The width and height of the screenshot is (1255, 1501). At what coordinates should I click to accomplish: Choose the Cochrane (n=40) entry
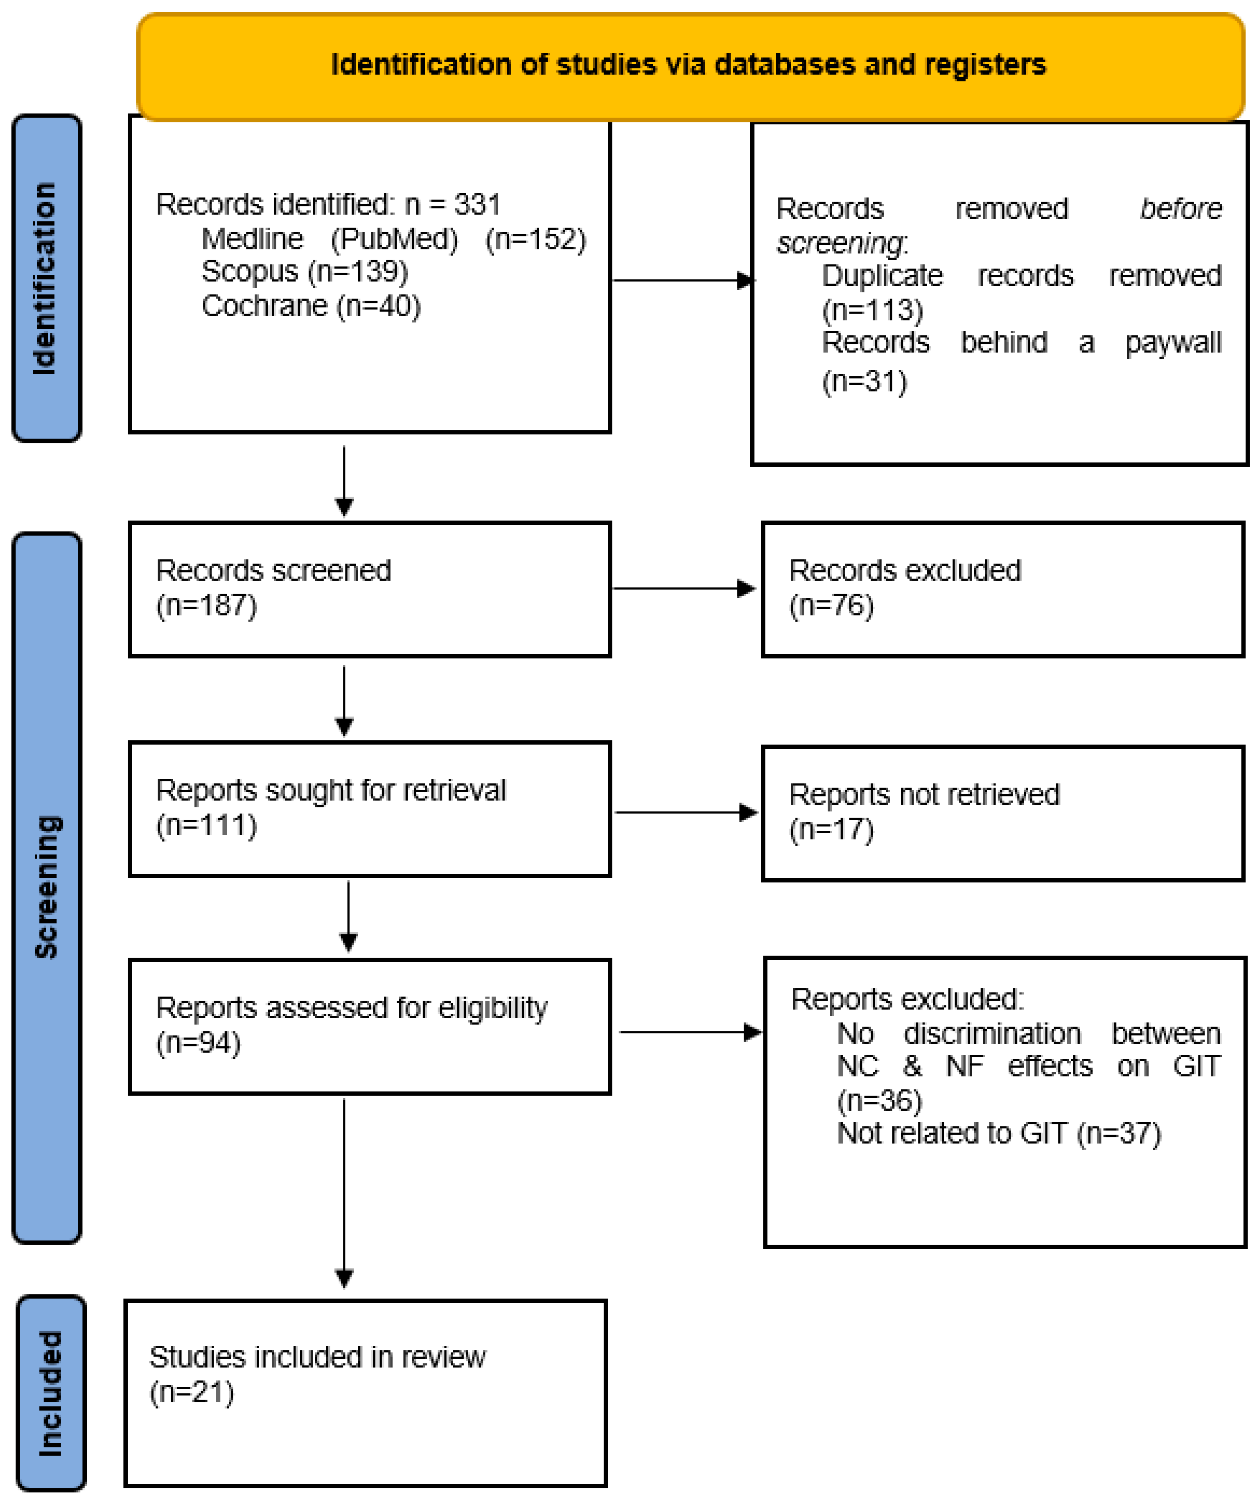click(x=311, y=306)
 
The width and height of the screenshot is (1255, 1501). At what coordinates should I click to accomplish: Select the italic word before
click(x=1180, y=209)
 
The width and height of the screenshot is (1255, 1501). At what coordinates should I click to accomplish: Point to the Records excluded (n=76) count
click(x=831, y=606)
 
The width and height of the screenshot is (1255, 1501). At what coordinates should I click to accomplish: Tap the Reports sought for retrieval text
click(x=330, y=791)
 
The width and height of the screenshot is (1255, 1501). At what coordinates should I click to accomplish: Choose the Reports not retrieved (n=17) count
click(x=831, y=830)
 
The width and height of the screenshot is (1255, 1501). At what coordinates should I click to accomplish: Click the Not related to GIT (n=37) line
click(x=998, y=1134)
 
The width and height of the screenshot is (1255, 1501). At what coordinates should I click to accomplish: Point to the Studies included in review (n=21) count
click(x=192, y=1392)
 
